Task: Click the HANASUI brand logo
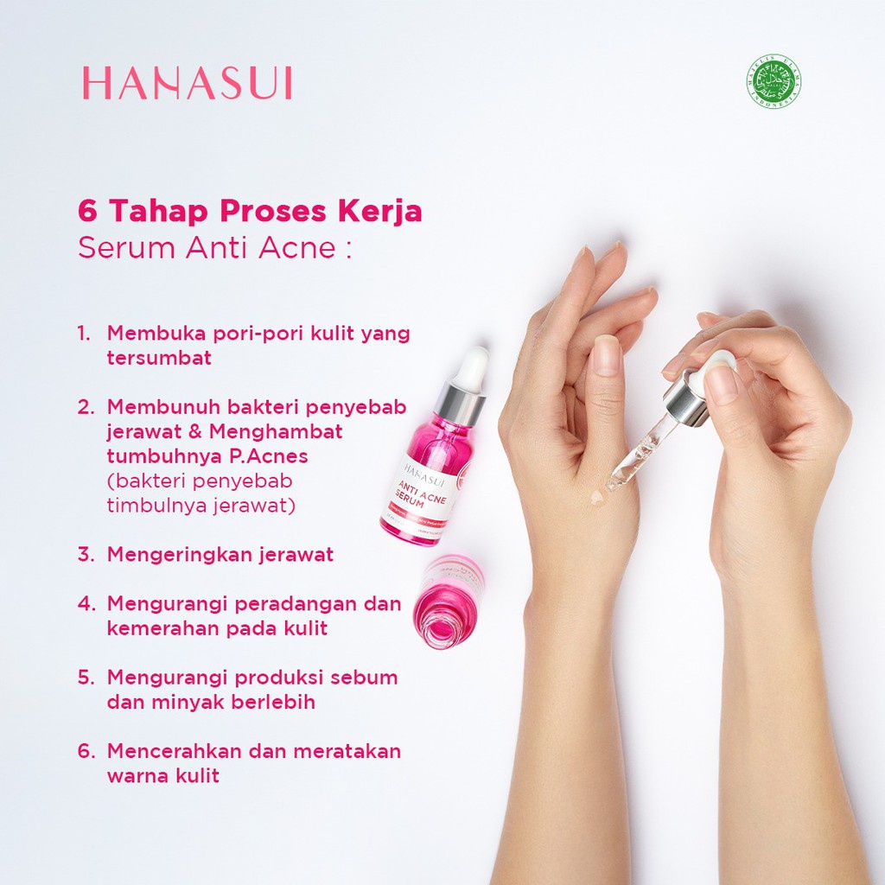tap(187, 84)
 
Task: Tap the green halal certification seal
tap(773, 83)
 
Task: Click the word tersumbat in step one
tap(159, 358)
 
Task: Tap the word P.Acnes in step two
tap(267, 455)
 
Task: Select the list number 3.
tap(85, 555)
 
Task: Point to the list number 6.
tap(85, 751)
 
